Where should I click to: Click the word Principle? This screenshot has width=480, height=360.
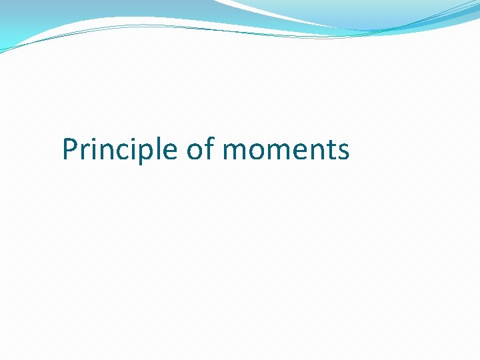(121, 149)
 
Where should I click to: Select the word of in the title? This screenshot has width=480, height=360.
(201, 149)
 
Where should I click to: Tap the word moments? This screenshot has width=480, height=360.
(286, 151)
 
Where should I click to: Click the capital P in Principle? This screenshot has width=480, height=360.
(70, 149)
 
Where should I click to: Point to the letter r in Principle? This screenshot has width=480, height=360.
(84, 151)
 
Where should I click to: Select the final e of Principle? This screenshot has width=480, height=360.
(171, 151)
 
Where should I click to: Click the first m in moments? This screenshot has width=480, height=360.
(235, 151)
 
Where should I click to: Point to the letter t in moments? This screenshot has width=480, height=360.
(328, 150)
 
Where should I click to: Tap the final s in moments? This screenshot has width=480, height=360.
(342, 151)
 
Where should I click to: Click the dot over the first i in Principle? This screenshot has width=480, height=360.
(93, 139)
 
